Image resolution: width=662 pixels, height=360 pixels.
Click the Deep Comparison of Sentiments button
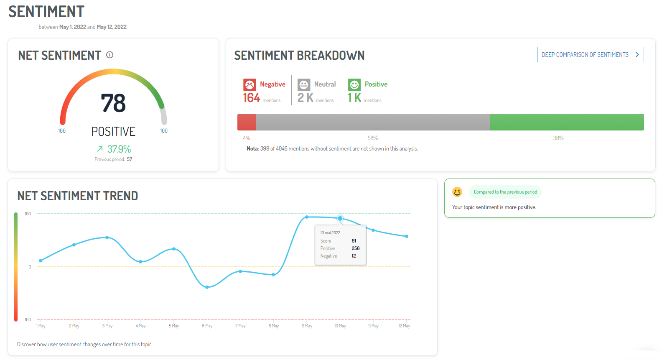pos(590,55)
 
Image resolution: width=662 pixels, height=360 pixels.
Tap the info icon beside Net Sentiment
pos(110,55)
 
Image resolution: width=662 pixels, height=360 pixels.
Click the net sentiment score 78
pos(113,103)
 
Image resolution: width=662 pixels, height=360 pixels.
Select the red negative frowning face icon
pos(250,85)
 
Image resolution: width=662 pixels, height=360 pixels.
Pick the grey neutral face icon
pos(304,85)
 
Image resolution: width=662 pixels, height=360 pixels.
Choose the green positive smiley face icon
pos(354,85)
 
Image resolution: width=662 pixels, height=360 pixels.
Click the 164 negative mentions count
pos(252,98)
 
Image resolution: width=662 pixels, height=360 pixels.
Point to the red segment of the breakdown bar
pos(247,122)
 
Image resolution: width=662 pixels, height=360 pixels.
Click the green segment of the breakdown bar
pos(566,122)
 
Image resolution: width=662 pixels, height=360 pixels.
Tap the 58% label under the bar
pos(372,138)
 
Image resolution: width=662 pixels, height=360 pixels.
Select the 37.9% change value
pos(119,149)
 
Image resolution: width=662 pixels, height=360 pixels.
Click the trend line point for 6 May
pos(207,287)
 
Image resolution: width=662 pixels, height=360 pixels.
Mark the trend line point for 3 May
pos(107,237)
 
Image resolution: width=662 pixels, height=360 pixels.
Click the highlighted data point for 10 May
pos(340,218)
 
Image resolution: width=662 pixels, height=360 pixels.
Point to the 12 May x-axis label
pos(404,326)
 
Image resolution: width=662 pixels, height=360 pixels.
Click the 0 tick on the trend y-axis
pos(30,267)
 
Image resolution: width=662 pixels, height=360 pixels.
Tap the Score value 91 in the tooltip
pos(354,241)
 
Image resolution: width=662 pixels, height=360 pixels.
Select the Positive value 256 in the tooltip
pos(356,248)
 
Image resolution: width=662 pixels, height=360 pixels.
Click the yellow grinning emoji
pos(457,192)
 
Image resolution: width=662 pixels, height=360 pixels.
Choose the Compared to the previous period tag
pos(505,192)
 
